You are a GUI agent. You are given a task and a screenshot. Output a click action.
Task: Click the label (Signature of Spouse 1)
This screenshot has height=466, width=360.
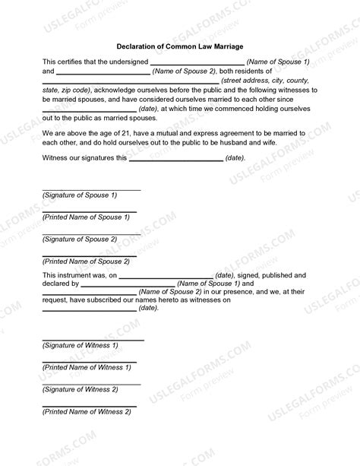(x=80, y=195)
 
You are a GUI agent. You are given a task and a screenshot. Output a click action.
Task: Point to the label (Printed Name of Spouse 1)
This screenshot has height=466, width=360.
(x=86, y=217)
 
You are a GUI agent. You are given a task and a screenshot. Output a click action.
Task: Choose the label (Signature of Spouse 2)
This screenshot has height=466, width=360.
(x=80, y=239)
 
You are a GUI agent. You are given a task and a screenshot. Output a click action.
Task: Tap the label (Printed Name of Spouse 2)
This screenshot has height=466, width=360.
(x=86, y=262)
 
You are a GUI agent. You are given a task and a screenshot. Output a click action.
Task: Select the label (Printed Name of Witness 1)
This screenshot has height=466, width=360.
(x=87, y=367)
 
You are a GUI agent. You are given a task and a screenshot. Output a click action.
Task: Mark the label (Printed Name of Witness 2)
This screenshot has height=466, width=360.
(x=87, y=411)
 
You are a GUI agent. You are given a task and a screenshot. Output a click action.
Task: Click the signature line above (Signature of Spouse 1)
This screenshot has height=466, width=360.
(x=91, y=189)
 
